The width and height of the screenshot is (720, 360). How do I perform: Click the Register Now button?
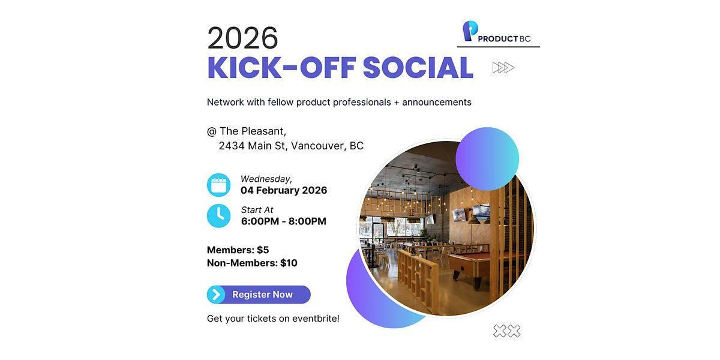[259, 295]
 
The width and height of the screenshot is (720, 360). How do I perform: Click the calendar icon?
[218, 185]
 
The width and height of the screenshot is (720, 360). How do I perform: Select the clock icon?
[218, 215]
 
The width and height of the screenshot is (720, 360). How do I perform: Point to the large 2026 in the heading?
[242, 38]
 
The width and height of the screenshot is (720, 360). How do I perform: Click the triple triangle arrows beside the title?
[503, 67]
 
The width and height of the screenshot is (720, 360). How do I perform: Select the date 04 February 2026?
[284, 190]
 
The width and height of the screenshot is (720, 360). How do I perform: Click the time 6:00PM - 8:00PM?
[284, 221]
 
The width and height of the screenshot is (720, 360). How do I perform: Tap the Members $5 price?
[238, 250]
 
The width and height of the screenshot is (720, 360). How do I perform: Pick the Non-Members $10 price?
[252, 263]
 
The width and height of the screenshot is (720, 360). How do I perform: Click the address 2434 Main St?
[252, 146]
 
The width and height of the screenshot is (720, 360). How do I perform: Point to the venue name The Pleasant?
[253, 131]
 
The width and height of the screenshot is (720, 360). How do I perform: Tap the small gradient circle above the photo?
[487, 159]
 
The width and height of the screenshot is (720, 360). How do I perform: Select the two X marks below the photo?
[507, 331]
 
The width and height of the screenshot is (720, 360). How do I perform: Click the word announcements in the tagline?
[437, 102]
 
